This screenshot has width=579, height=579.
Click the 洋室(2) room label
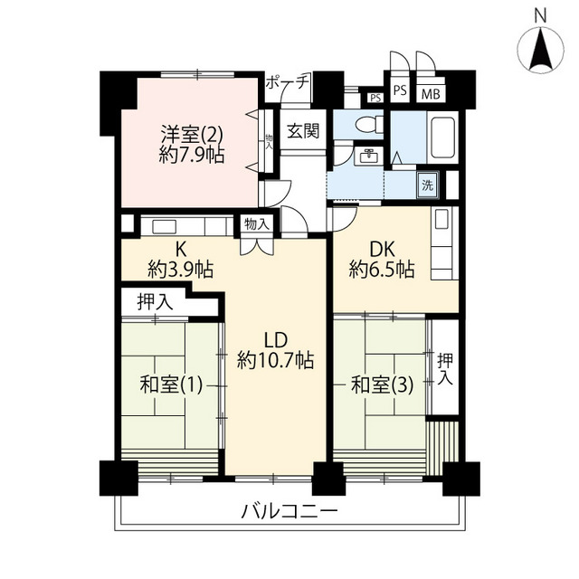point(191,135)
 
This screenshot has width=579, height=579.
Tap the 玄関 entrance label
point(303,130)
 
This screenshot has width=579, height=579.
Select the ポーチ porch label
point(287,81)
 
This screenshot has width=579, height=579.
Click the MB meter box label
point(431,94)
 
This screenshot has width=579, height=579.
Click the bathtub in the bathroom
point(442,138)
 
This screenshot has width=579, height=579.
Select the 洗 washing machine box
point(428,185)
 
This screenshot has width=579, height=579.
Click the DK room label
point(382,249)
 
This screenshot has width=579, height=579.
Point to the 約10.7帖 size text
point(275,360)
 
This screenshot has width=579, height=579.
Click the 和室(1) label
point(171,385)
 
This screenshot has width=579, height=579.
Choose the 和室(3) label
point(382,385)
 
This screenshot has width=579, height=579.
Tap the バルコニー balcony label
point(289,512)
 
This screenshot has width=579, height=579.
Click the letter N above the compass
point(541,16)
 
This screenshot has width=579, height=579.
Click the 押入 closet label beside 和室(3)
point(445,369)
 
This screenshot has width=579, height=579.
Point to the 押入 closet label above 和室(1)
point(155,301)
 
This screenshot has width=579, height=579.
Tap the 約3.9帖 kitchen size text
point(181,270)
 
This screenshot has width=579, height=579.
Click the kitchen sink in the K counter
point(165,226)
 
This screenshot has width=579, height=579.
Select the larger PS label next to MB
point(400,90)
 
